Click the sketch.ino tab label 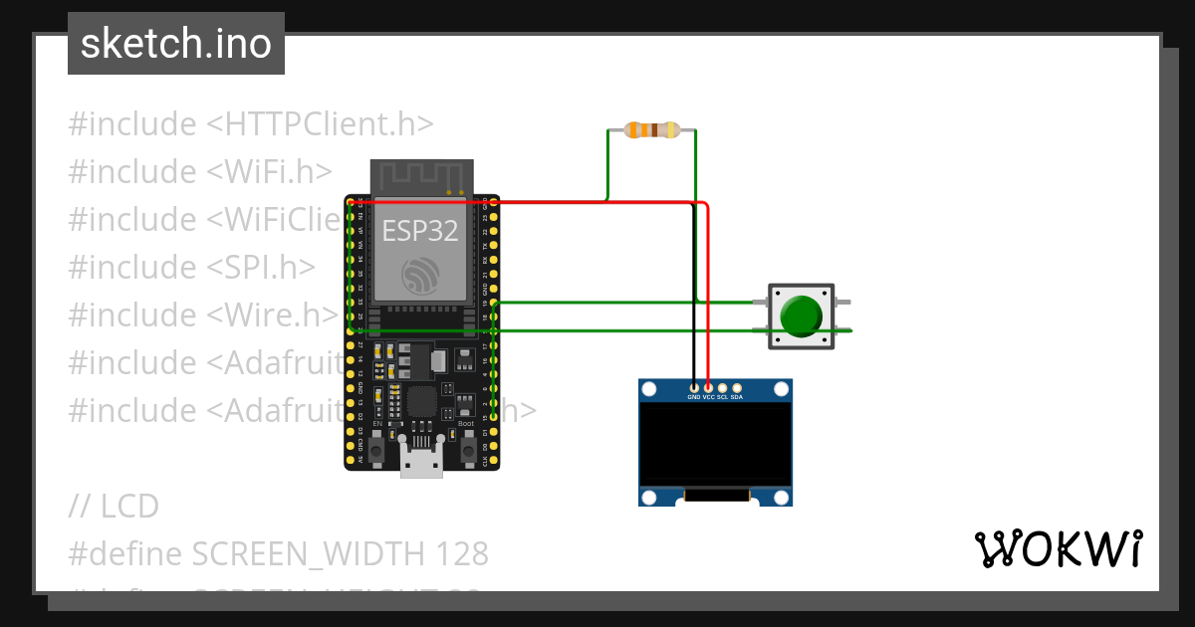tap(175, 44)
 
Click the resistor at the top tap(651, 129)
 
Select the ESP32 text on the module tap(420, 232)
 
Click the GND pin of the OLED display tap(694, 387)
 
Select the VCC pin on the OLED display tap(708, 387)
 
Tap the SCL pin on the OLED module tap(723, 387)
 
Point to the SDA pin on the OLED tap(737, 387)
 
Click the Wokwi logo tap(1057, 548)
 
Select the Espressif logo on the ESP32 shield tap(420, 275)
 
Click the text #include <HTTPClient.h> tap(251, 124)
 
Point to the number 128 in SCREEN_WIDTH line tap(462, 553)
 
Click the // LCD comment tap(114, 507)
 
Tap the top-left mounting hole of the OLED tap(649, 389)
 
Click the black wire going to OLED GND tap(694, 299)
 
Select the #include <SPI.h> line tap(191, 268)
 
